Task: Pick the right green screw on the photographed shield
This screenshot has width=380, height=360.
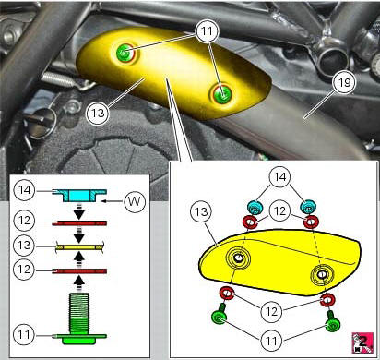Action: coord(221,93)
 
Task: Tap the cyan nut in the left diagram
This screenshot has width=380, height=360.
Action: coord(78,194)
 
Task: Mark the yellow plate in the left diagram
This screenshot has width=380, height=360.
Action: coord(78,246)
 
